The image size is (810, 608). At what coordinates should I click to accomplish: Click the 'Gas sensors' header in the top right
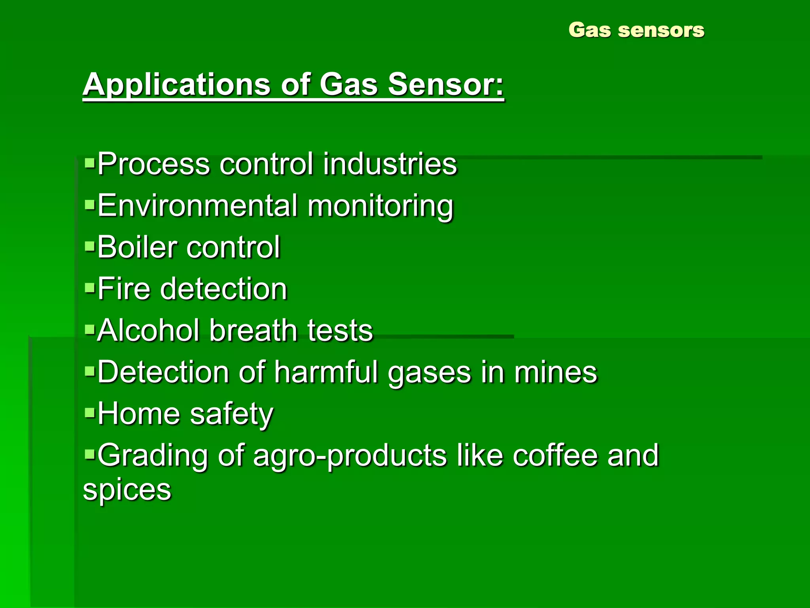click(x=636, y=30)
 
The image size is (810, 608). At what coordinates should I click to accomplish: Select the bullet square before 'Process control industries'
click(x=90, y=162)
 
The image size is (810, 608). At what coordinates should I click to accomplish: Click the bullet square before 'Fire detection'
click(x=90, y=287)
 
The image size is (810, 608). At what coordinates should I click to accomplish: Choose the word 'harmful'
click(x=326, y=372)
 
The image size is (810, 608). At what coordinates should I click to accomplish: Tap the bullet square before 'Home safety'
click(x=90, y=412)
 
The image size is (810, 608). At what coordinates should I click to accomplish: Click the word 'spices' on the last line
click(x=127, y=490)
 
